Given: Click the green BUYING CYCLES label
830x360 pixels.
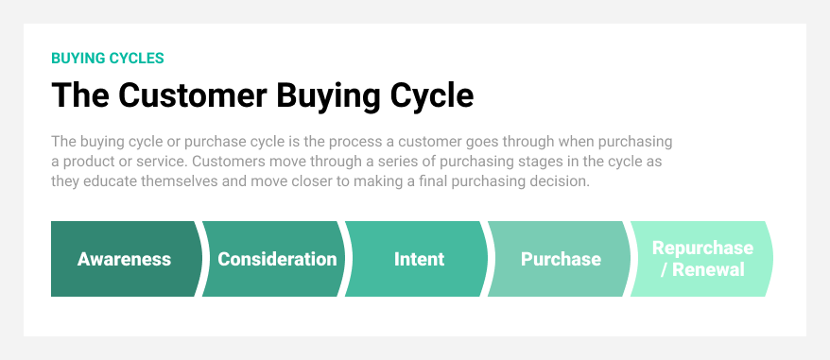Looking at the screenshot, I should point(107,58).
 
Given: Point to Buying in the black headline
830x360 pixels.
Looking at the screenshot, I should point(327,95).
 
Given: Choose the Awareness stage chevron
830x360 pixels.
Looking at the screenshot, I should point(124,259).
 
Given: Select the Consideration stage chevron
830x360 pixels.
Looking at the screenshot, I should point(276,259).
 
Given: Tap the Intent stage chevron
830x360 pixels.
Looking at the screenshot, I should point(419,259).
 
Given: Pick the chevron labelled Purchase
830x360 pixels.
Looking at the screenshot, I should point(560,259).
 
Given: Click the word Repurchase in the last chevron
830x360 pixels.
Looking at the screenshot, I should point(702,249).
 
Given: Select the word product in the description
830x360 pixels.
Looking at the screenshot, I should point(89,162).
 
